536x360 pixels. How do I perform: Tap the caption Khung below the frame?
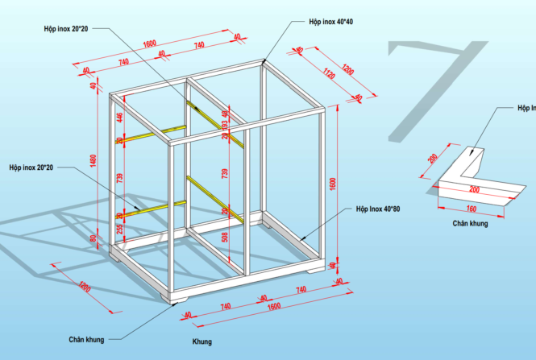pos(202,341)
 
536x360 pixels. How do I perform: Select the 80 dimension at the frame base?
pos(93,239)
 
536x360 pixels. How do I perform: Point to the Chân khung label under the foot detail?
pos(470,223)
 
